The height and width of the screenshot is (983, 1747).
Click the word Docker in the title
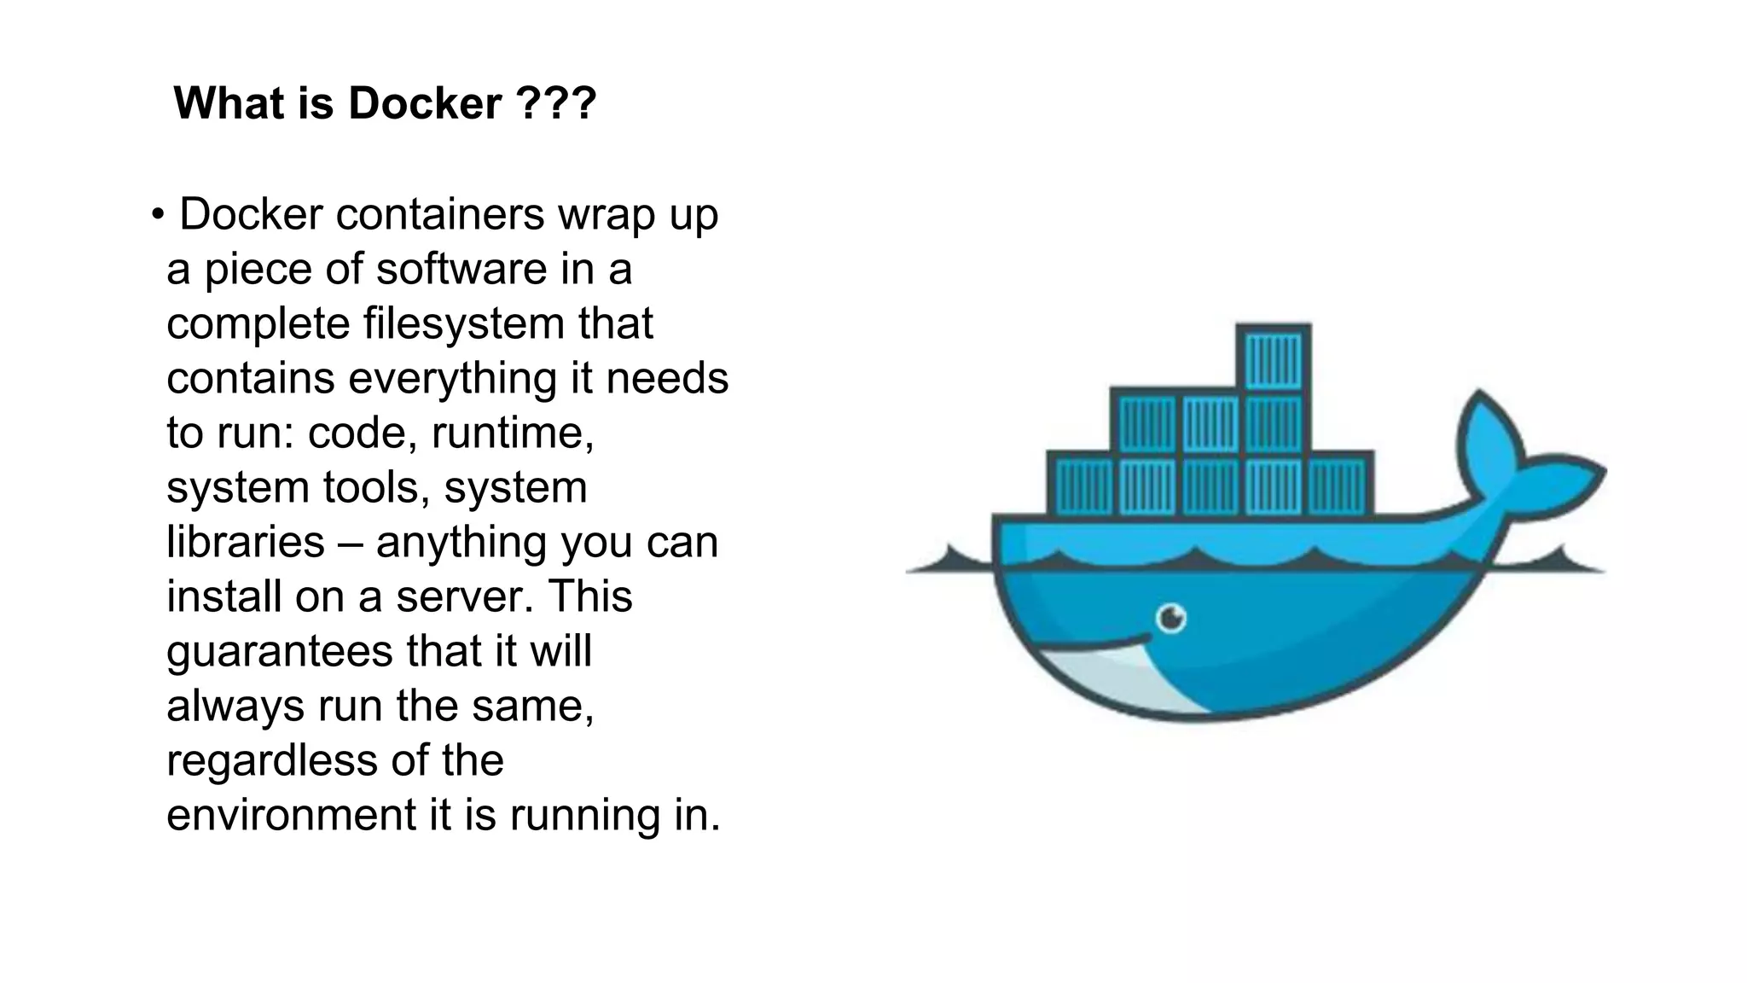[x=424, y=104]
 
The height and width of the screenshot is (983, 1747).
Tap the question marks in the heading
[x=556, y=104]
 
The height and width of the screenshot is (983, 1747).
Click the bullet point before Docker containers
[x=157, y=214]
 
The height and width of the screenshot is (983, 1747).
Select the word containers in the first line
[x=439, y=214]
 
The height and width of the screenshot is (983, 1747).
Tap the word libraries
[x=246, y=542]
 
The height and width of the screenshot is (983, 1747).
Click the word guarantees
[x=280, y=651]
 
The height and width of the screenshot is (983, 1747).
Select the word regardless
[x=271, y=760]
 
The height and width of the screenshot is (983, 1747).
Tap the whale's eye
[x=1172, y=617]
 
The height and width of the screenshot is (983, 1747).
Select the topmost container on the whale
[x=1274, y=359]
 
